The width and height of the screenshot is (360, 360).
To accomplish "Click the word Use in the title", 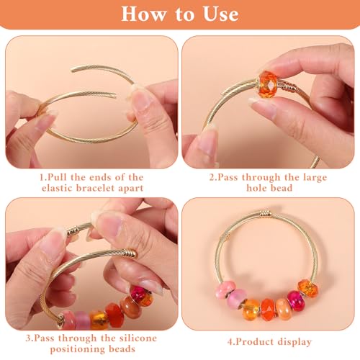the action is (221, 14).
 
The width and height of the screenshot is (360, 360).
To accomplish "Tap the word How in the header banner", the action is (143, 14).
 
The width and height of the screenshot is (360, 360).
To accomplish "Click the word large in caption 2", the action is (315, 178).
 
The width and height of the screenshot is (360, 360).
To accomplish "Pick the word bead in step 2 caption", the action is (282, 188).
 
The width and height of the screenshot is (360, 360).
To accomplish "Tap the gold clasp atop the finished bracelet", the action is (265, 213).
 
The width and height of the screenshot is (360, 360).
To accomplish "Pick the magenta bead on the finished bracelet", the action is (297, 301).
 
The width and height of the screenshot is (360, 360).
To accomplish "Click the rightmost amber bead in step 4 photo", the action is (307, 289).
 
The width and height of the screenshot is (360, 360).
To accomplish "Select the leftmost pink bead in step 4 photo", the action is (225, 290).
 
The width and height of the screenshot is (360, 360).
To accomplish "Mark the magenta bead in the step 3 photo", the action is (138, 294).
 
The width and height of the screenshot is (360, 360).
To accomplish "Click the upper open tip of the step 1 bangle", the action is (72, 70).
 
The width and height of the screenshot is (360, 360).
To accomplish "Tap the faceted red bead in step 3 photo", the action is (114, 315).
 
